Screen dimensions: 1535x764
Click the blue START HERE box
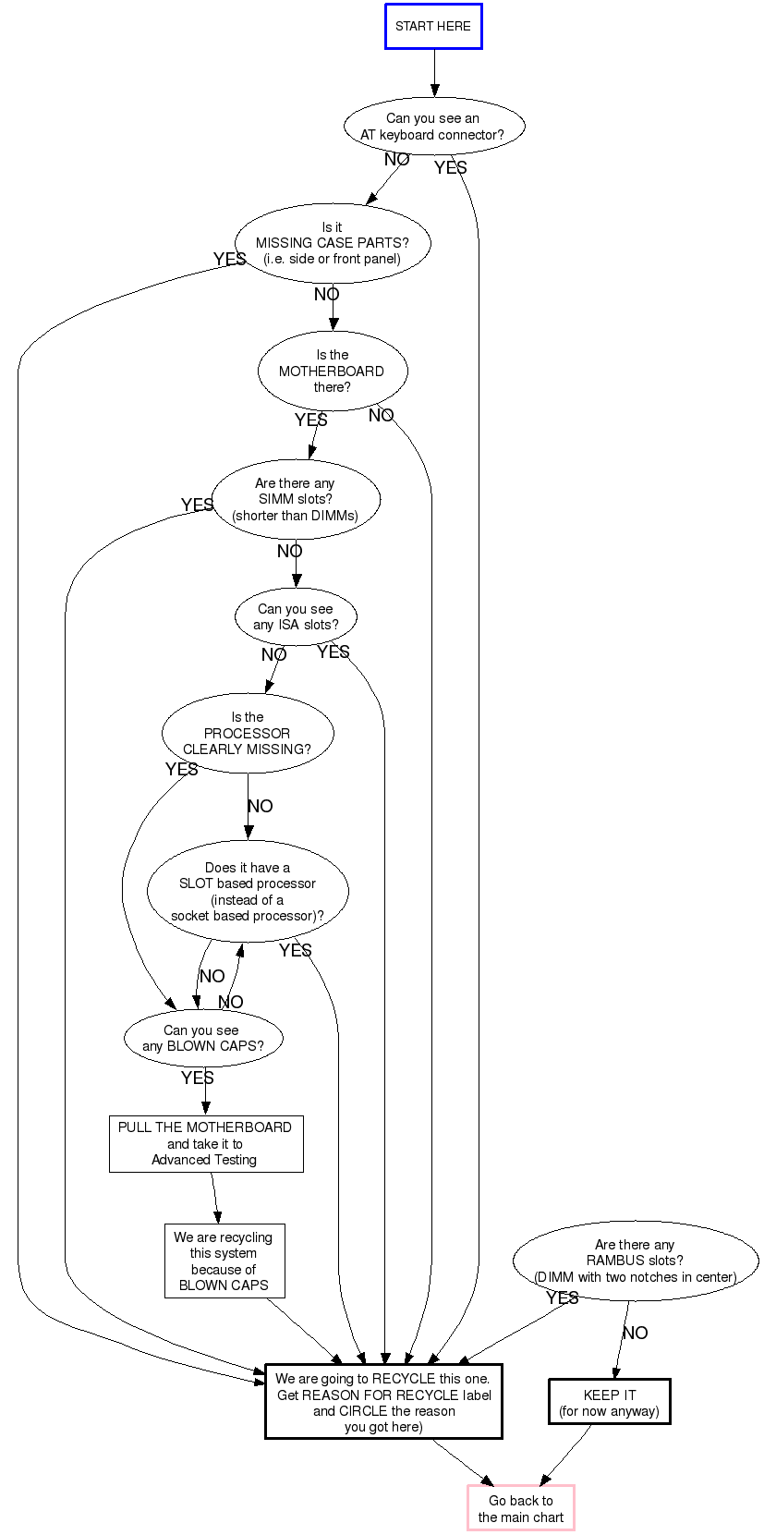(x=433, y=26)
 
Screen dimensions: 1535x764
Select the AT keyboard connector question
(x=433, y=127)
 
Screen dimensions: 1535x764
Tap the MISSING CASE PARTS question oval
(x=333, y=243)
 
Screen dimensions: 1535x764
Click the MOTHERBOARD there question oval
(x=333, y=371)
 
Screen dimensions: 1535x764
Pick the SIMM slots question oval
(x=296, y=499)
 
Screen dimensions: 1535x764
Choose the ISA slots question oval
(x=296, y=616)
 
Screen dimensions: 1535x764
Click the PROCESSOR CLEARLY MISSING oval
(x=248, y=733)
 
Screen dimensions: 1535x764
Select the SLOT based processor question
(x=248, y=891)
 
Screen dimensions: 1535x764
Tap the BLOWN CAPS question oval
(x=203, y=1038)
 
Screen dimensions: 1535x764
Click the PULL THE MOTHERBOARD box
(x=205, y=1143)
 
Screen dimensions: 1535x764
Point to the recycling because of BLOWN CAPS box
(x=224, y=1261)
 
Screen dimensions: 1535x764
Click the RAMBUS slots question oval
(x=636, y=1261)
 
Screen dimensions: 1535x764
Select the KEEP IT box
(x=610, y=1402)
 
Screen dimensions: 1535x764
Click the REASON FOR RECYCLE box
(x=383, y=1402)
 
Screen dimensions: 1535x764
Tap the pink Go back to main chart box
(x=521, y=1508)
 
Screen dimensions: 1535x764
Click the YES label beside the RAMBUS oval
(x=562, y=1297)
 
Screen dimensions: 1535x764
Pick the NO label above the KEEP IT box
(x=635, y=1333)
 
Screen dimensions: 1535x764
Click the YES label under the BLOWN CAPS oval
(x=198, y=1078)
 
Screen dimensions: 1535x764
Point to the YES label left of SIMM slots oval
(x=198, y=505)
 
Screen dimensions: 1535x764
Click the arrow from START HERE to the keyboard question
(x=434, y=72)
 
